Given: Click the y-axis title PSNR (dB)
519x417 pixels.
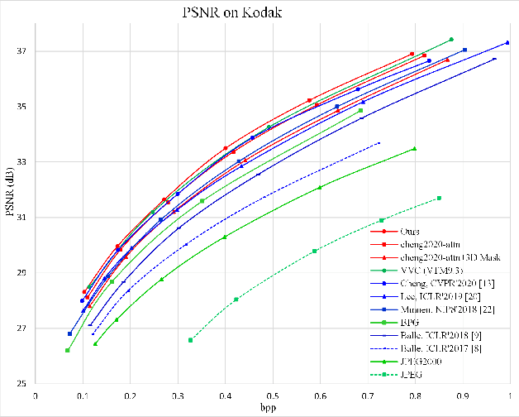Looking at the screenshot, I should click(x=10, y=199).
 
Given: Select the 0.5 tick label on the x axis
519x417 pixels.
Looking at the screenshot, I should click(x=272, y=396).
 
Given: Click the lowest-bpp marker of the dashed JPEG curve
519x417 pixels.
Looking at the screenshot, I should click(x=191, y=340).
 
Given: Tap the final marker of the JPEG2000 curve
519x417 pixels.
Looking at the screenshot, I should click(x=414, y=149).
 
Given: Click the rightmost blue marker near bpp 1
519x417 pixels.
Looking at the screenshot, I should click(x=507, y=42).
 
